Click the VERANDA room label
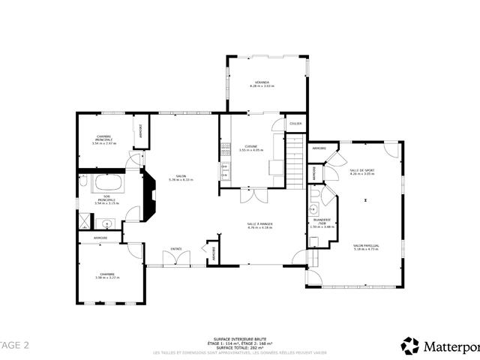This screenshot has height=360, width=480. click(x=262, y=82)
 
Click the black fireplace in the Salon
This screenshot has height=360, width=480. click(x=148, y=193)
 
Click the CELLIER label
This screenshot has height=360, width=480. click(x=296, y=124)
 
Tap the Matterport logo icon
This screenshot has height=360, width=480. click(x=410, y=345)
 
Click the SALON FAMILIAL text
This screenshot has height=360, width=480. click(x=366, y=247)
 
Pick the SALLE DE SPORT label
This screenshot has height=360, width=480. click(x=361, y=171)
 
